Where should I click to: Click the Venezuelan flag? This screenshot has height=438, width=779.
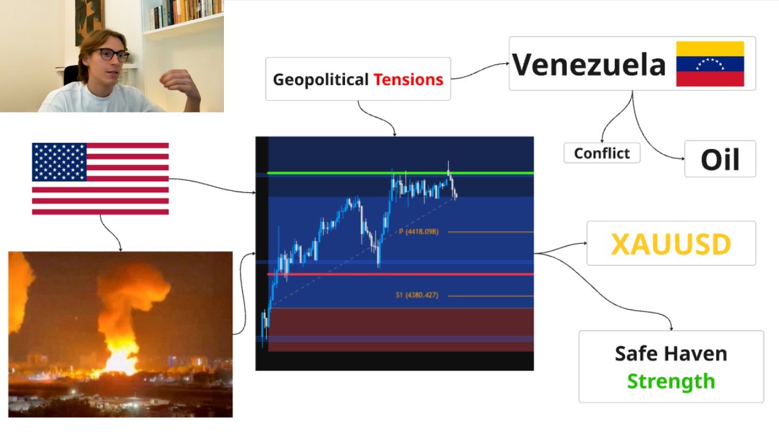(x=710, y=64)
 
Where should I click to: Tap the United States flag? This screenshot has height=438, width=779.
(x=100, y=179)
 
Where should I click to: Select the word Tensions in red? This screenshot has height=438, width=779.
(x=408, y=79)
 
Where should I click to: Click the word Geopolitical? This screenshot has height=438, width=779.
(x=321, y=79)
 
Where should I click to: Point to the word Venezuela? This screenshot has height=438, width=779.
(x=589, y=64)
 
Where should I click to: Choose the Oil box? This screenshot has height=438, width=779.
(x=720, y=159)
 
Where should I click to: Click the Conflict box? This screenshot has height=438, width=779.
(x=602, y=153)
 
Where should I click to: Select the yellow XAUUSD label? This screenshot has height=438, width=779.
(x=671, y=244)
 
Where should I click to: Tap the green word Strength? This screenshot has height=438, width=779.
(x=671, y=381)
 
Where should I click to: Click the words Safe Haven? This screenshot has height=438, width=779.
(x=671, y=353)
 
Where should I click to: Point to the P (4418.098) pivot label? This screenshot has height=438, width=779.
(x=418, y=232)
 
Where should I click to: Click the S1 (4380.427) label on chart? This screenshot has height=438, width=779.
(x=416, y=296)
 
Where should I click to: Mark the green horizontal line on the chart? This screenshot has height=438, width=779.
(x=341, y=173)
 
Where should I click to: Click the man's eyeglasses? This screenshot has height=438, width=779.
(x=113, y=55)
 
